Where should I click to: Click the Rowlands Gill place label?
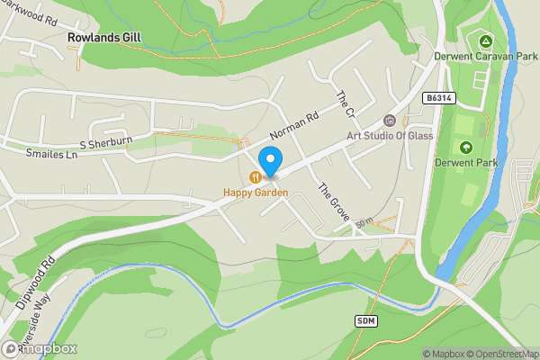click(106, 38)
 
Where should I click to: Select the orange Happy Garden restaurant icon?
click(256, 176)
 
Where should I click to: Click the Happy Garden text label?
click(256, 193)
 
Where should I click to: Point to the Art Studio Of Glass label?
click(391, 136)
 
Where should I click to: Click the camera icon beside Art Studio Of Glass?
click(390, 121)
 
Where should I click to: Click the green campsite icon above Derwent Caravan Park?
click(485, 40)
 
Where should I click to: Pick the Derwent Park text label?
click(465, 163)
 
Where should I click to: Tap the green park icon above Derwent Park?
click(465, 147)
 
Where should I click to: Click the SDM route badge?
click(365, 320)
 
